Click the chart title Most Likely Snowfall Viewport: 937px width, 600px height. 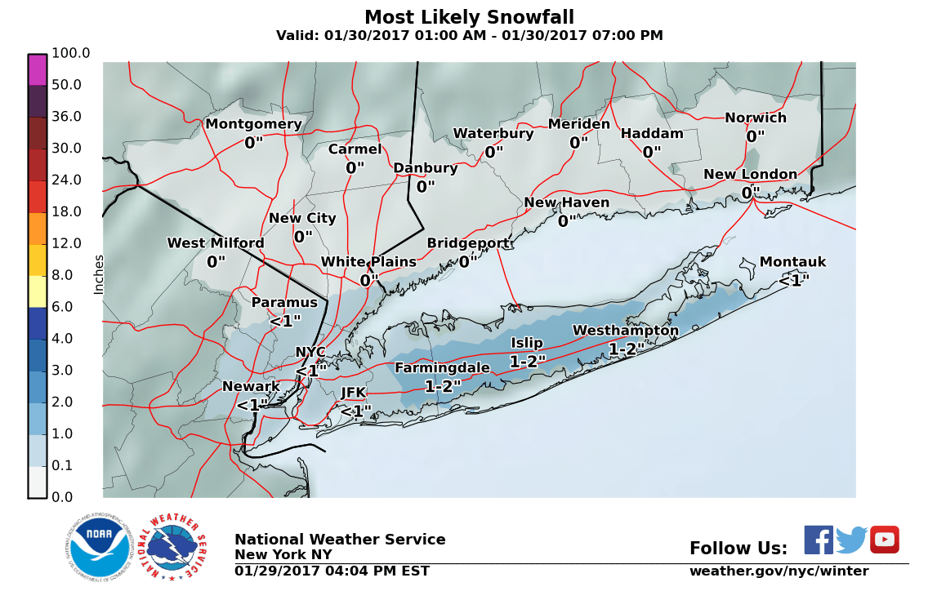(469, 17)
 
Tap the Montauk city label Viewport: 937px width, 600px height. (792, 262)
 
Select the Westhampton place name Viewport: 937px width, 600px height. (625, 331)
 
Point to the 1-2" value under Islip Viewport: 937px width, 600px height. (528, 361)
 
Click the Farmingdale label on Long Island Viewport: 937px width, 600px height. (442, 368)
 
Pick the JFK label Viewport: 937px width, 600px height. (353, 393)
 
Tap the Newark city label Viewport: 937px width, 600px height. (251, 386)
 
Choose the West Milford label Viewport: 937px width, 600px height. (216, 243)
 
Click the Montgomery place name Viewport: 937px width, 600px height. (253, 124)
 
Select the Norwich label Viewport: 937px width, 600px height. (756, 118)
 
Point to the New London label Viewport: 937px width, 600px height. (750, 175)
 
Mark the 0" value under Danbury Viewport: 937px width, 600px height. (426, 187)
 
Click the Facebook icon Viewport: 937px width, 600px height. (819, 540)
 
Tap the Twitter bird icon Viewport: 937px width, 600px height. (851, 540)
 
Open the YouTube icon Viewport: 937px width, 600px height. (884, 540)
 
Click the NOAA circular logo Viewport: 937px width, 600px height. (100, 548)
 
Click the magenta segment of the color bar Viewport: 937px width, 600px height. (38, 70)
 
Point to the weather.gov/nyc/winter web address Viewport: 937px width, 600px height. (779, 571)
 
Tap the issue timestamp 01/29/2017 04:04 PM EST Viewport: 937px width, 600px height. (332, 571)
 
